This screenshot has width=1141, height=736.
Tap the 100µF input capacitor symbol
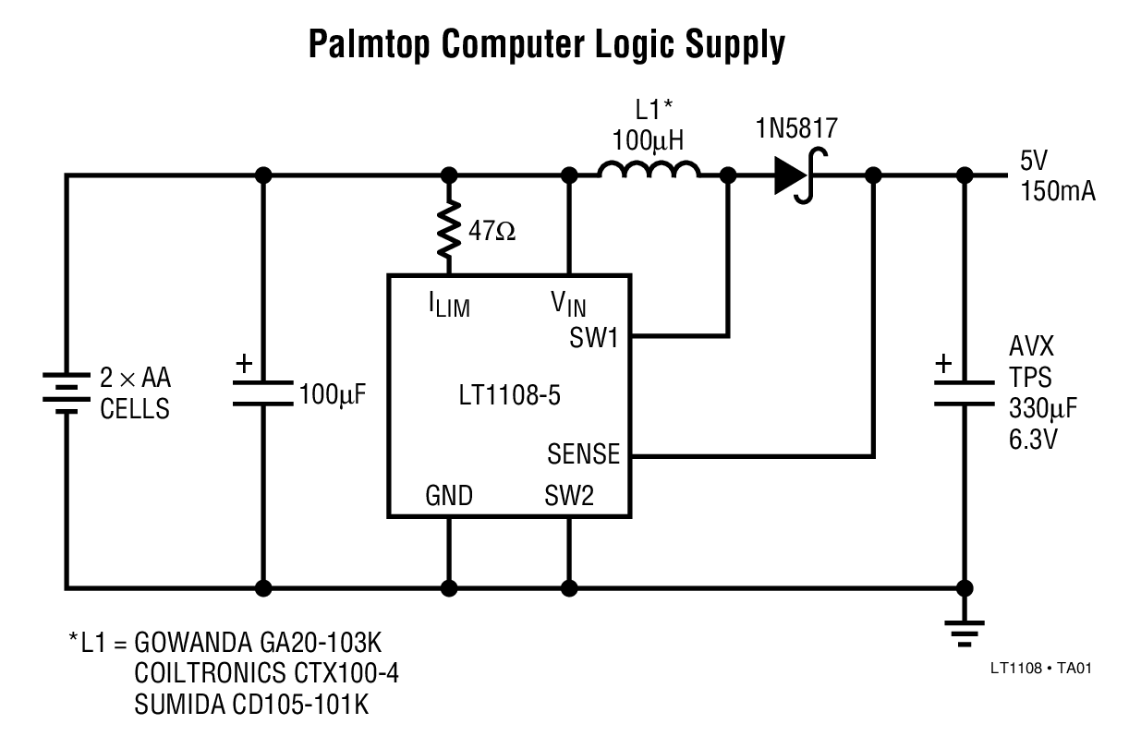click(263, 393)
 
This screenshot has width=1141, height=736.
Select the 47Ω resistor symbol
click(450, 231)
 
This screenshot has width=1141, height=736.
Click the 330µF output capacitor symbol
click(965, 393)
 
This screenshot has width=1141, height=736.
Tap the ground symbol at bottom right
click(965, 630)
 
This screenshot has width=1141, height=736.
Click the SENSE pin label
click(582, 454)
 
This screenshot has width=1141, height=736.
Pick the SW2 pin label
click(569, 497)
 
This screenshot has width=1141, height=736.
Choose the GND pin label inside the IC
click(449, 497)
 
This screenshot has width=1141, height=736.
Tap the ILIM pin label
click(449, 306)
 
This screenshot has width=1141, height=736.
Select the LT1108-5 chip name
click(509, 397)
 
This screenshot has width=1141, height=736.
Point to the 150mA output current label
click(1058, 192)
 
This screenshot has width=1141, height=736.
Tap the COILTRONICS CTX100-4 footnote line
click(267, 672)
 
